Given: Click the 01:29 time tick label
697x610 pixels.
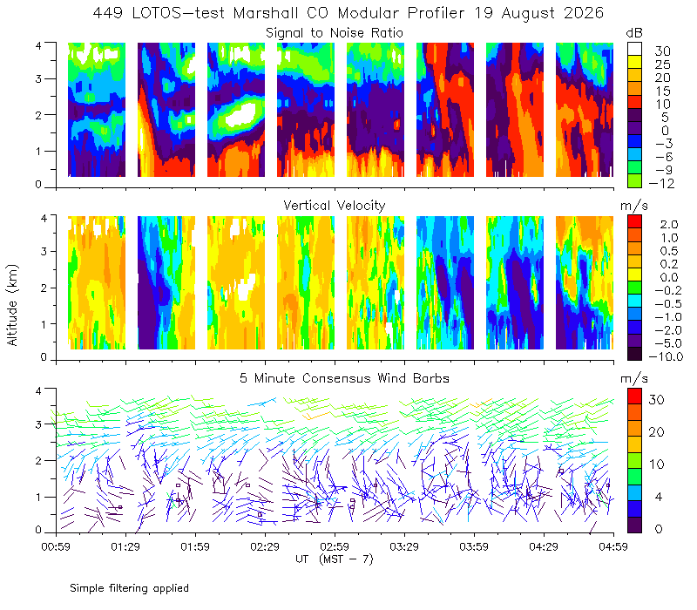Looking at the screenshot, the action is click(x=125, y=546).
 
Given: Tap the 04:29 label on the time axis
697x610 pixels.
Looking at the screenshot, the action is click(x=544, y=546).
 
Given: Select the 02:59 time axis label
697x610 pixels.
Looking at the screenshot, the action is click(x=335, y=546).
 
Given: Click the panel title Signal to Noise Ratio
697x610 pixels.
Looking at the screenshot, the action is click(x=335, y=33).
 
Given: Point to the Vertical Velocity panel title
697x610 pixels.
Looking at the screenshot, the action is click(x=335, y=206).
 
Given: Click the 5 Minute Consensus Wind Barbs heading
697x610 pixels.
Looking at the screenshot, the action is click(x=344, y=378).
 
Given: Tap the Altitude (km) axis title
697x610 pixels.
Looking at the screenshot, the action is click(x=12, y=305).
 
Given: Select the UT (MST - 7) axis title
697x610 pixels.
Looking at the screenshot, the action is click(x=335, y=559).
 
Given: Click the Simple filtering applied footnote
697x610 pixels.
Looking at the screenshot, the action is click(x=129, y=588).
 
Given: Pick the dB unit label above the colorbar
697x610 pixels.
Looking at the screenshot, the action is click(x=634, y=33).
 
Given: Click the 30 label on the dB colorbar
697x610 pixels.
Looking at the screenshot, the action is click(x=662, y=51).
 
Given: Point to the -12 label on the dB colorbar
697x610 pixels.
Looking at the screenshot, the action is click(x=661, y=183).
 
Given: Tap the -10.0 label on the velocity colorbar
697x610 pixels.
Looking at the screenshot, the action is click(x=666, y=356).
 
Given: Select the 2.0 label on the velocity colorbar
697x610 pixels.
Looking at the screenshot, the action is click(x=669, y=224).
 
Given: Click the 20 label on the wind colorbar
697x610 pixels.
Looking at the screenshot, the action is click(x=657, y=432).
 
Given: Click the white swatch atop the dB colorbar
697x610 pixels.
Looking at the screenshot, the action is click(x=634, y=49).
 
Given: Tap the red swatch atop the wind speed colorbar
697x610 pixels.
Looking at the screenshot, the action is click(x=634, y=396).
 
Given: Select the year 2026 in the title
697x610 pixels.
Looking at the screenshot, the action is click(x=584, y=13).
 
